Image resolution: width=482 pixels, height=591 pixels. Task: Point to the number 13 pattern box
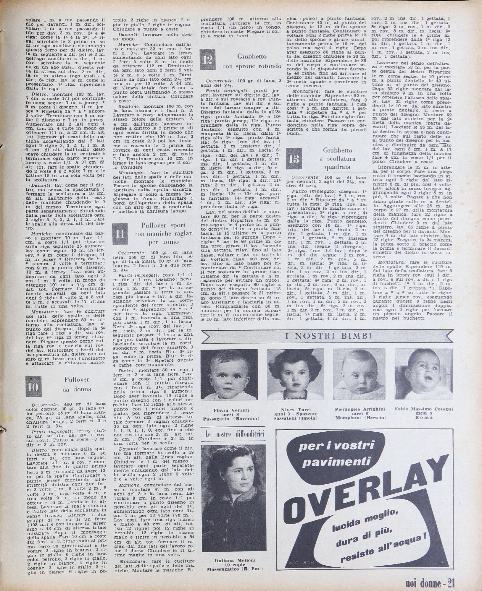[294, 159]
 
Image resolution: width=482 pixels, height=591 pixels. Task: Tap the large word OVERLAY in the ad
[364, 494]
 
